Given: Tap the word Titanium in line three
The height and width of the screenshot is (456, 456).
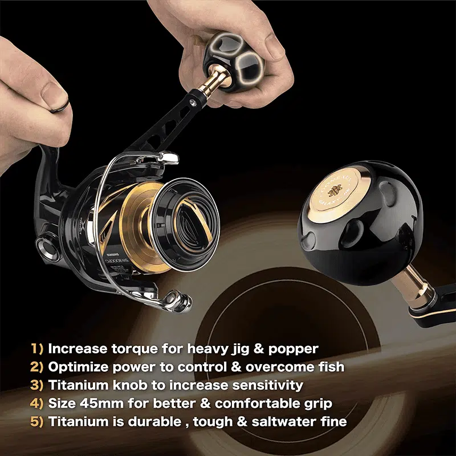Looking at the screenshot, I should (75, 385).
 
